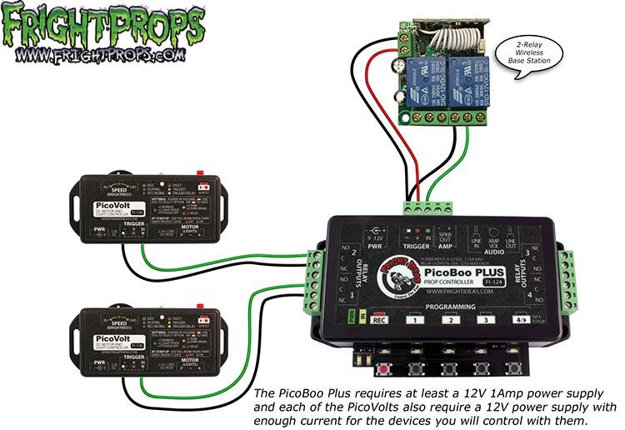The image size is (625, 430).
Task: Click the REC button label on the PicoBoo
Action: pyautogui.click(x=377, y=319)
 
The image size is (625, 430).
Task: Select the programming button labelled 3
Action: pyautogui.click(x=482, y=319)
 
